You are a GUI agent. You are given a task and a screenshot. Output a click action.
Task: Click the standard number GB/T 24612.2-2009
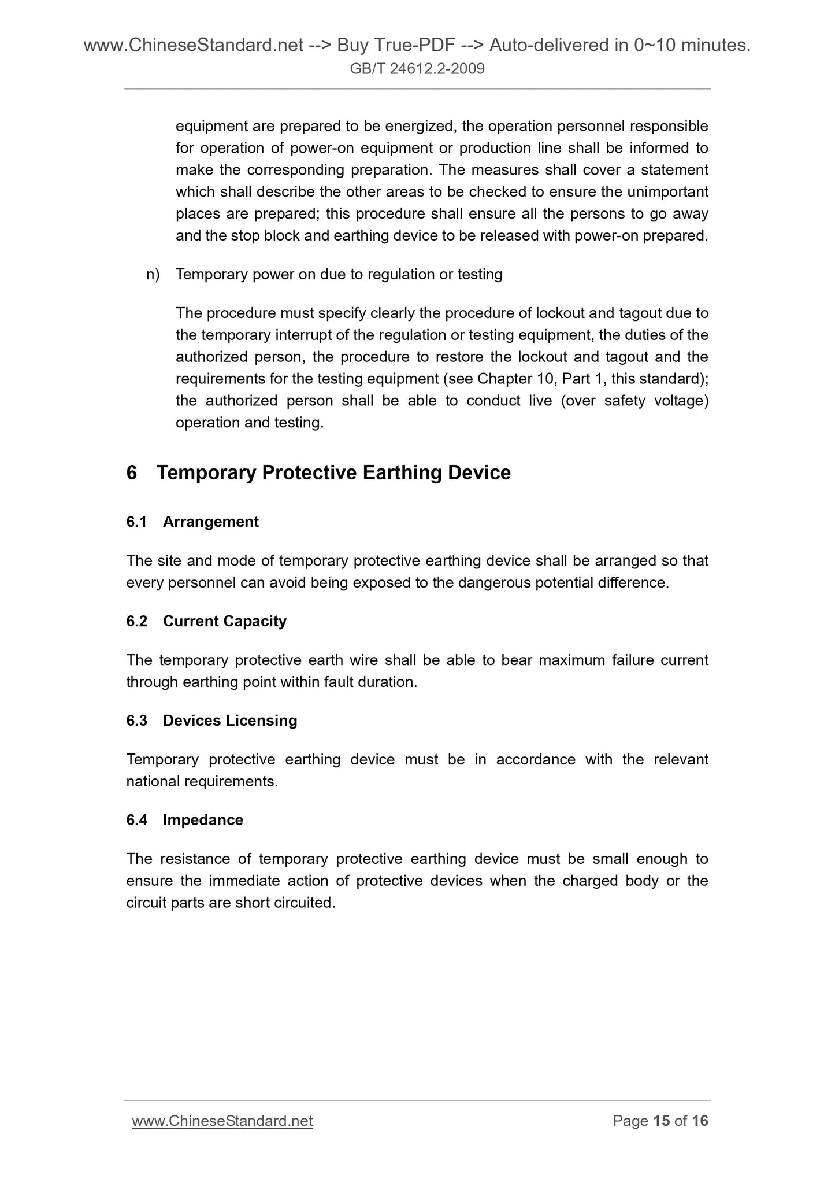pyautogui.click(x=417, y=69)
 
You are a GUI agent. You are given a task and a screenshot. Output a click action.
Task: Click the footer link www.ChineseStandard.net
pyautogui.click(x=222, y=1121)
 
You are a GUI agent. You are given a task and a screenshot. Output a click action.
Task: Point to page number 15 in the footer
pyautogui.click(x=661, y=1121)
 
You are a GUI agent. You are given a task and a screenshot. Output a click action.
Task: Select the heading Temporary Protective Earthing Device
pyautogui.click(x=333, y=473)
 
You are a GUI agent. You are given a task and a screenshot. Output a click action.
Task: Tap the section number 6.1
pyautogui.click(x=136, y=522)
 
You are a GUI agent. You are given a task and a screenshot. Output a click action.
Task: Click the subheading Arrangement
pyautogui.click(x=210, y=522)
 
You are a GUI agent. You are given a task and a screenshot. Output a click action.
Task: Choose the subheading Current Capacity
pyautogui.click(x=224, y=621)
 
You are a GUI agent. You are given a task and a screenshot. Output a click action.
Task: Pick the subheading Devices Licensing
pyautogui.click(x=230, y=721)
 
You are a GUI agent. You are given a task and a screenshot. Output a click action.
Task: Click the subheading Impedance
pyautogui.click(x=203, y=820)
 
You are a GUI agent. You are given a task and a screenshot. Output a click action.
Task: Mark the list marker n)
pyautogui.click(x=153, y=274)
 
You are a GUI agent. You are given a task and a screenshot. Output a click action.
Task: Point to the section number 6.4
pyautogui.click(x=136, y=820)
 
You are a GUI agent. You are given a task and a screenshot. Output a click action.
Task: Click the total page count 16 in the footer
pyautogui.click(x=700, y=1121)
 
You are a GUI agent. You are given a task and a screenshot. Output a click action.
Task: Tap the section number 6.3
pyautogui.click(x=136, y=721)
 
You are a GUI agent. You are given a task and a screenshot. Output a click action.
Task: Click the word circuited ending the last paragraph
pyautogui.click(x=305, y=903)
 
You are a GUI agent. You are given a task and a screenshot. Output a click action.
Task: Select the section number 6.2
pyautogui.click(x=136, y=621)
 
